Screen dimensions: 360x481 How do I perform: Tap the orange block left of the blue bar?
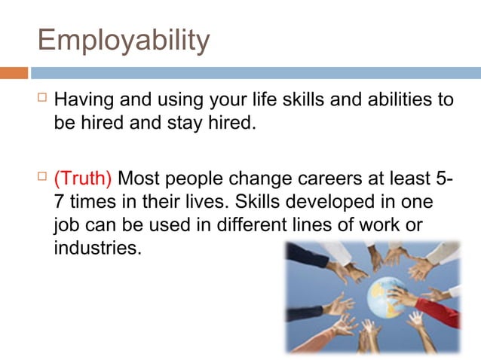pyautogui.click(x=14, y=73)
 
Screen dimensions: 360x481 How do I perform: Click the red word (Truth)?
pyautogui.click(x=83, y=180)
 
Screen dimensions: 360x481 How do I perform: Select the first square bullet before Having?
pyautogui.click(x=42, y=98)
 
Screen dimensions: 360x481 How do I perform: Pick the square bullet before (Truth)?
pyautogui.click(x=42, y=178)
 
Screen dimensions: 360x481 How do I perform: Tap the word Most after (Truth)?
pyautogui.click(x=141, y=180)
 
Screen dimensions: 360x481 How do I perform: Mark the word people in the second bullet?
pyautogui.click(x=197, y=180)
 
